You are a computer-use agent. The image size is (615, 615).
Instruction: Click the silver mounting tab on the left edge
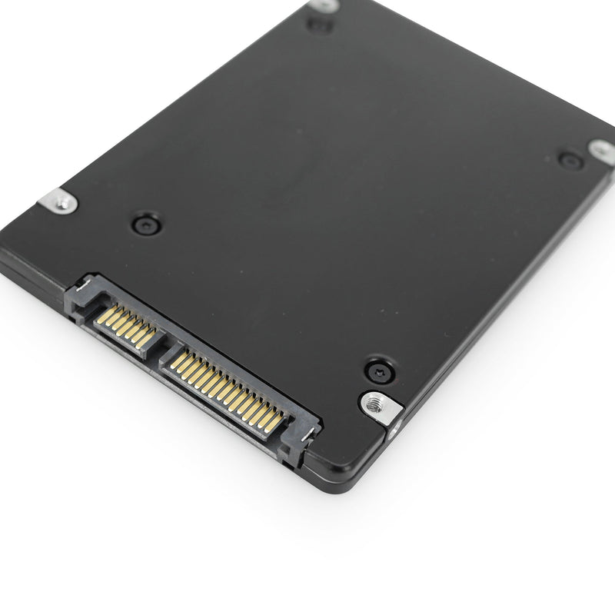coord(59,201)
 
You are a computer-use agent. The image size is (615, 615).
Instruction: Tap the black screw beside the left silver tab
coord(146,224)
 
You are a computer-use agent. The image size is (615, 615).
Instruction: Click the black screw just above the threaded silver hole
coord(379,371)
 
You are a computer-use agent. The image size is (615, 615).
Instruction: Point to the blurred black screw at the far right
coord(570,161)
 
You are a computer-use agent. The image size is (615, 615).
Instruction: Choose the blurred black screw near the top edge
coord(319,25)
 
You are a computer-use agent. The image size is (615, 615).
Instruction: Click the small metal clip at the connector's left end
coord(84,291)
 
